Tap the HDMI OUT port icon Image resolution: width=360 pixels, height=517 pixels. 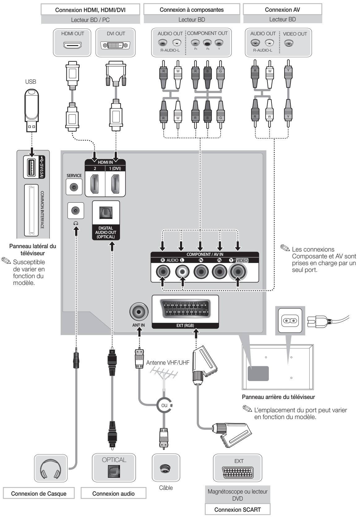coord(72,45)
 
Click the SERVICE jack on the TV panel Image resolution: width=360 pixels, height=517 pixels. coord(74,187)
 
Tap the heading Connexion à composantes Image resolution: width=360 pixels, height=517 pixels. coord(191,10)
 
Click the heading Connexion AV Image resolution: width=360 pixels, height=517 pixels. coord(282,10)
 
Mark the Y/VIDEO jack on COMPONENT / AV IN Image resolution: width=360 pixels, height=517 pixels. coord(238,272)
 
